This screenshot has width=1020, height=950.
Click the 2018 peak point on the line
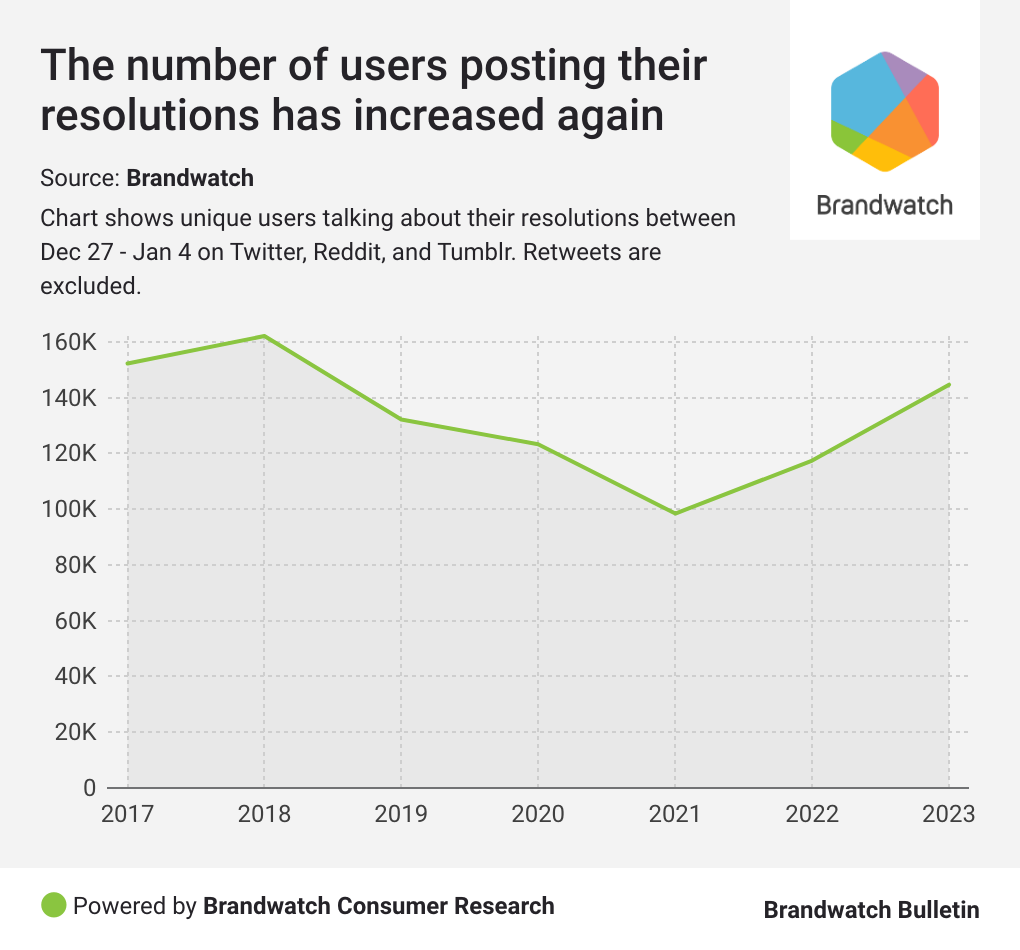(x=264, y=336)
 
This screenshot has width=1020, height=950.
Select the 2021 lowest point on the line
(x=675, y=513)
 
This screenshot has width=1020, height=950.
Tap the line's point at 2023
(x=948, y=385)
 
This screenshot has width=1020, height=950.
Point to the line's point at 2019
(x=401, y=419)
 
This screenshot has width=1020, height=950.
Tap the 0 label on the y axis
(x=88, y=788)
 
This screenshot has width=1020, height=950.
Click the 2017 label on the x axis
(x=127, y=814)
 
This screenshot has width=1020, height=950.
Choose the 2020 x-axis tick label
(x=538, y=814)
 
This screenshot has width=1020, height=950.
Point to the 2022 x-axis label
(x=811, y=814)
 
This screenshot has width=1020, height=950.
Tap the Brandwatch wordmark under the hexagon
(x=884, y=205)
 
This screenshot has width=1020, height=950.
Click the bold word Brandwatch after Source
(x=190, y=179)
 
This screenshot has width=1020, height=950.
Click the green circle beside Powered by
(x=54, y=906)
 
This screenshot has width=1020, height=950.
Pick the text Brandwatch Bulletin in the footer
(x=871, y=909)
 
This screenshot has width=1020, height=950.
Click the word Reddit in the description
(x=347, y=251)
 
